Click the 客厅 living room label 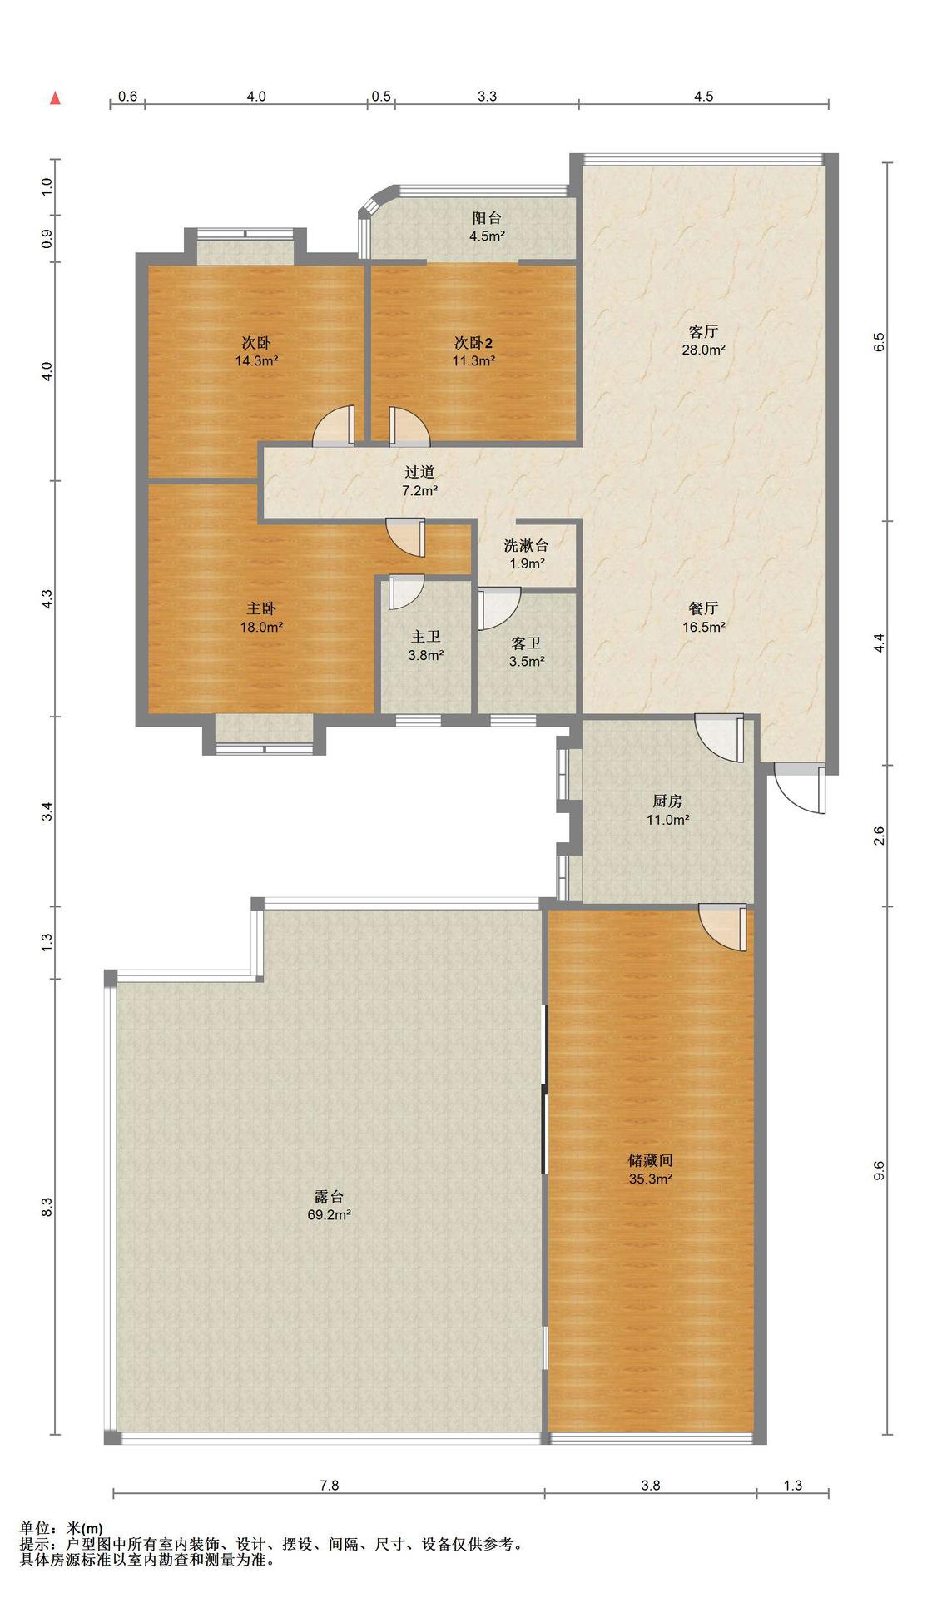(703, 331)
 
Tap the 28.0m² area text (703, 350)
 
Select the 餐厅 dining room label (704, 608)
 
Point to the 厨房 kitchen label (667, 801)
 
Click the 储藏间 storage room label (650, 1159)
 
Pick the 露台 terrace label (329, 1196)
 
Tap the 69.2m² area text (329, 1215)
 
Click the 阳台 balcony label (487, 218)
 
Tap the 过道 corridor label (419, 472)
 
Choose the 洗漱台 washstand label (526, 545)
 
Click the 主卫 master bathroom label (425, 636)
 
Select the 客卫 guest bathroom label (526, 643)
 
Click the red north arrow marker (55, 98)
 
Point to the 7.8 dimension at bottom (330, 1485)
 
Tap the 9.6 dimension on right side (879, 1169)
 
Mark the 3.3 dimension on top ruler (487, 96)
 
